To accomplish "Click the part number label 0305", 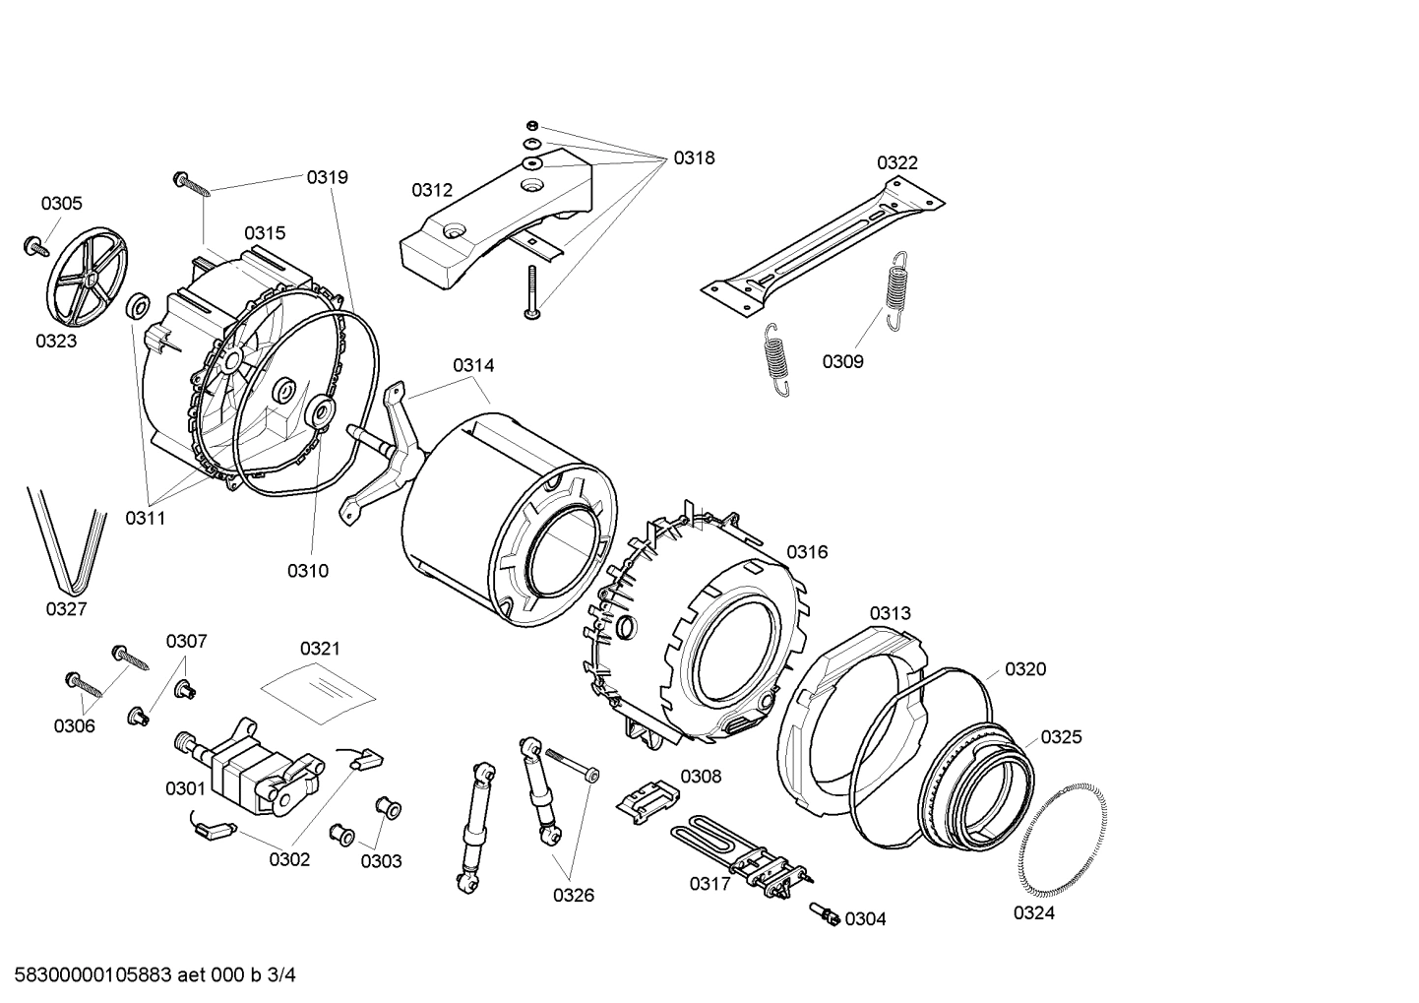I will coord(61,204).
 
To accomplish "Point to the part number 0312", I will coord(432,190).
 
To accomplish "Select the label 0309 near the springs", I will coord(842,361).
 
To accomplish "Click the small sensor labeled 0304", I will coord(824,914).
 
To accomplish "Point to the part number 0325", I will coord(1061,737).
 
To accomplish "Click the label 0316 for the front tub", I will coord(807,552).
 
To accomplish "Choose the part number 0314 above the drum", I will coord(473,365).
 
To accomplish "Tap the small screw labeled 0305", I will coord(35,245).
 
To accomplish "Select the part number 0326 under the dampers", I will coord(573,895).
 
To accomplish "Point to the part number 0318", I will coord(694,157).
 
